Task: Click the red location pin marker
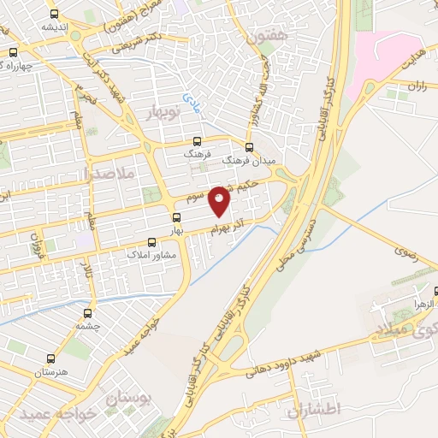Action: click(220, 200)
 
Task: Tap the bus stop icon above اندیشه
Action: click(55, 15)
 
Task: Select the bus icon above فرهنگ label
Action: click(198, 142)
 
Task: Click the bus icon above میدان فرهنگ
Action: click(249, 146)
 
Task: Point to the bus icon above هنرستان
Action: click(51, 360)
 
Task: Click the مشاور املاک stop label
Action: click(151, 255)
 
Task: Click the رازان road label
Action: click(417, 86)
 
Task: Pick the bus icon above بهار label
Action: click(177, 218)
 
